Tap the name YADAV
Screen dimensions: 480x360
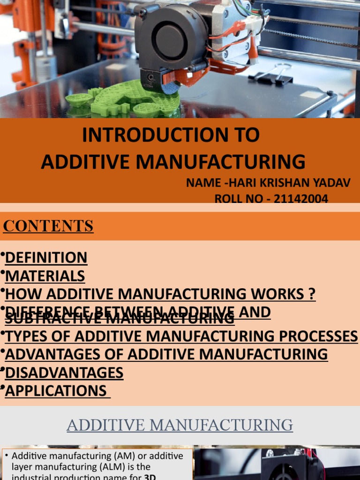(332, 183)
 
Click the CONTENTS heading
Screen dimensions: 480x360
(48, 226)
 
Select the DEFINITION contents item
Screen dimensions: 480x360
(46, 257)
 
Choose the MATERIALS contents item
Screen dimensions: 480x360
(45, 276)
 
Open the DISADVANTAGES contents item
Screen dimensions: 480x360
(64, 373)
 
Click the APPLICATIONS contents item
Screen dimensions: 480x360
(56, 390)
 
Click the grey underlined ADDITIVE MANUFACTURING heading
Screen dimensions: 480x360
(180, 425)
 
